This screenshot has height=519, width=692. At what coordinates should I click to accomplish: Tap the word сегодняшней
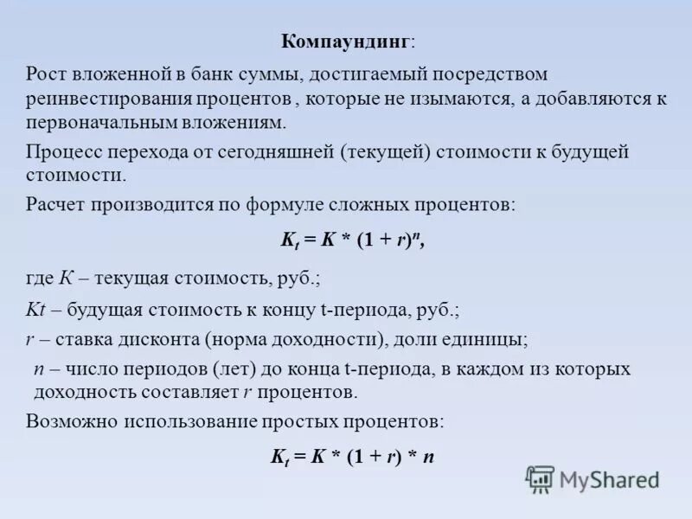pyautogui.click(x=281, y=152)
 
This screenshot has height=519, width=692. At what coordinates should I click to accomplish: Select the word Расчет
pyautogui.click(x=56, y=206)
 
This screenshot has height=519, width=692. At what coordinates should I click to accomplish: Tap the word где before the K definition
pyautogui.click(x=39, y=279)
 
